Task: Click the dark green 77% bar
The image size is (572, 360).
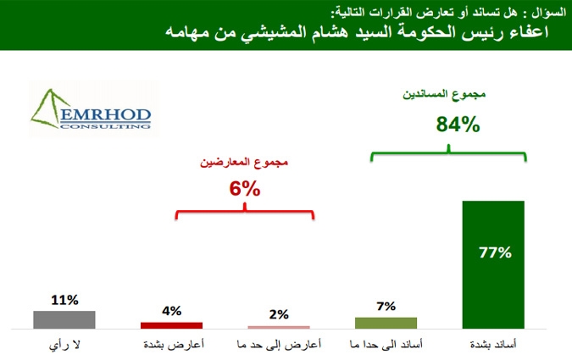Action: coord(493,265)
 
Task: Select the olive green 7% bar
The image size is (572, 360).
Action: coord(386,324)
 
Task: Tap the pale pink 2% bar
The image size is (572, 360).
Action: coord(279,327)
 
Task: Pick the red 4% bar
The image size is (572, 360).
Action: coord(171,325)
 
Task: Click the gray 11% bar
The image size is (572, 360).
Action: coord(64,320)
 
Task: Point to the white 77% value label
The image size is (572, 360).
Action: coord(495,252)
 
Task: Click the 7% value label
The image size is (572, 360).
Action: coord(386,307)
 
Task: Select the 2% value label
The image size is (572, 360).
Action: coord(279,314)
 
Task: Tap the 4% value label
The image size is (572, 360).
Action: coord(171,311)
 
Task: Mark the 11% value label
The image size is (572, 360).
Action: coord(64,300)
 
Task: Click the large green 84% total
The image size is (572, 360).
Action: coord(458,125)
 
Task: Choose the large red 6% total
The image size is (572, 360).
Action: coord(245,189)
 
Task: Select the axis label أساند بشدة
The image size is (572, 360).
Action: coord(493,344)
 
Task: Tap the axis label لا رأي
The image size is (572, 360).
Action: coord(64,345)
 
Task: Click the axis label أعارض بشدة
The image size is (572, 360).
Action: coord(174,344)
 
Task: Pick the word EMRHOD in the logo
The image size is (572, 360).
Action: coord(105,115)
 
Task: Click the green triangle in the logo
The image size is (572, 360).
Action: coord(47,109)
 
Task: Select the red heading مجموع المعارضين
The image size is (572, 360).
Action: coord(244,163)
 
